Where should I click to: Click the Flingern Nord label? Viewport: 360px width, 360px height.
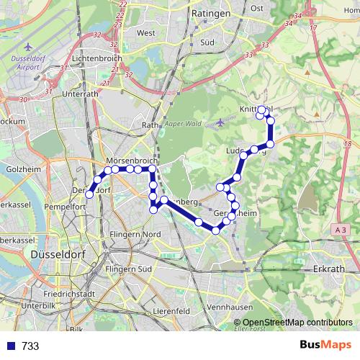(135, 235)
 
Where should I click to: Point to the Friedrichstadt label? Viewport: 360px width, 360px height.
(69, 294)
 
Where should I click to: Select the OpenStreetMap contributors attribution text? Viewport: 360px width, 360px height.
(297, 323)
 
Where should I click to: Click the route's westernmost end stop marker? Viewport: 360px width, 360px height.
(90, 194)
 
